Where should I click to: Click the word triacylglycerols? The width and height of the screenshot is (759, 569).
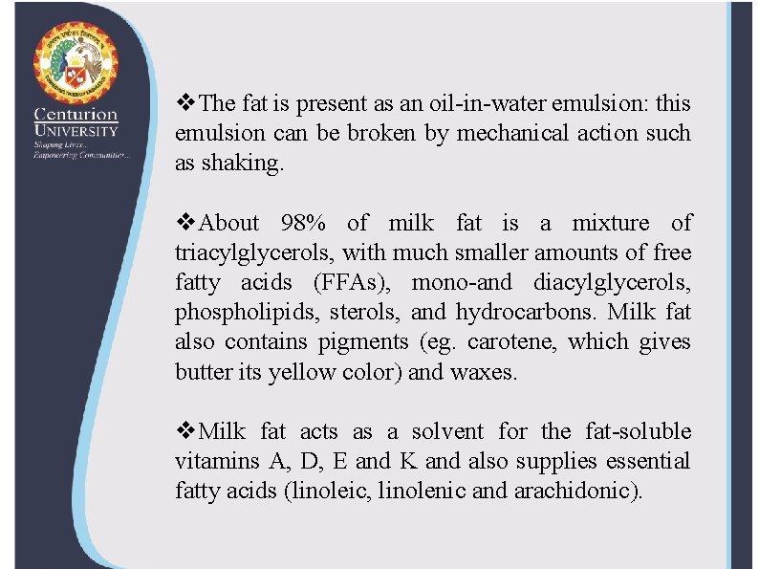[x=254, y=253]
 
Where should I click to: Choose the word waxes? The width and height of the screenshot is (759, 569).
[x=482, y=372]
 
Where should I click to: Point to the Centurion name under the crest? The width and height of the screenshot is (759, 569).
[x=77, y=115]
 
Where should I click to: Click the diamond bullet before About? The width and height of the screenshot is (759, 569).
[x=187, y=224]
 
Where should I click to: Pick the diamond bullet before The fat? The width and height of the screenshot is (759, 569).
[x=187, y=103]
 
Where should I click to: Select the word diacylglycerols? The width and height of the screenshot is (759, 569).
[x=612, y=283]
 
